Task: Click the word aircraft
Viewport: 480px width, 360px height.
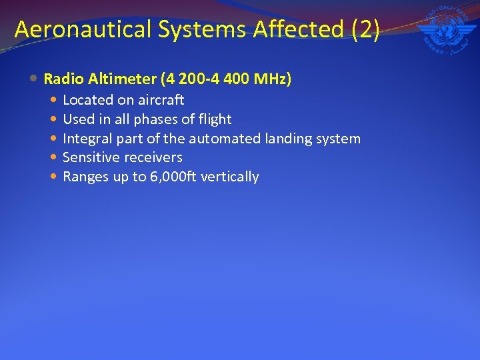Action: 160,100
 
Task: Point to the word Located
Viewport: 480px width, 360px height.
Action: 87,100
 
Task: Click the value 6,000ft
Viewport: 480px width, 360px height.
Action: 178,177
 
